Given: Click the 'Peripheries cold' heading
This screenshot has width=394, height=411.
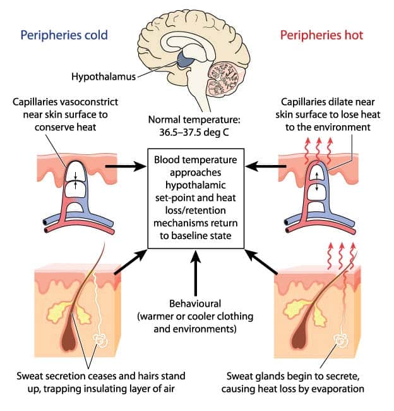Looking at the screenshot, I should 64,34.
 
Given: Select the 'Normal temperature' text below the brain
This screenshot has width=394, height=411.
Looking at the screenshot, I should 196,119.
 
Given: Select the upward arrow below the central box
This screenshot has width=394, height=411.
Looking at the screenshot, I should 196,273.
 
